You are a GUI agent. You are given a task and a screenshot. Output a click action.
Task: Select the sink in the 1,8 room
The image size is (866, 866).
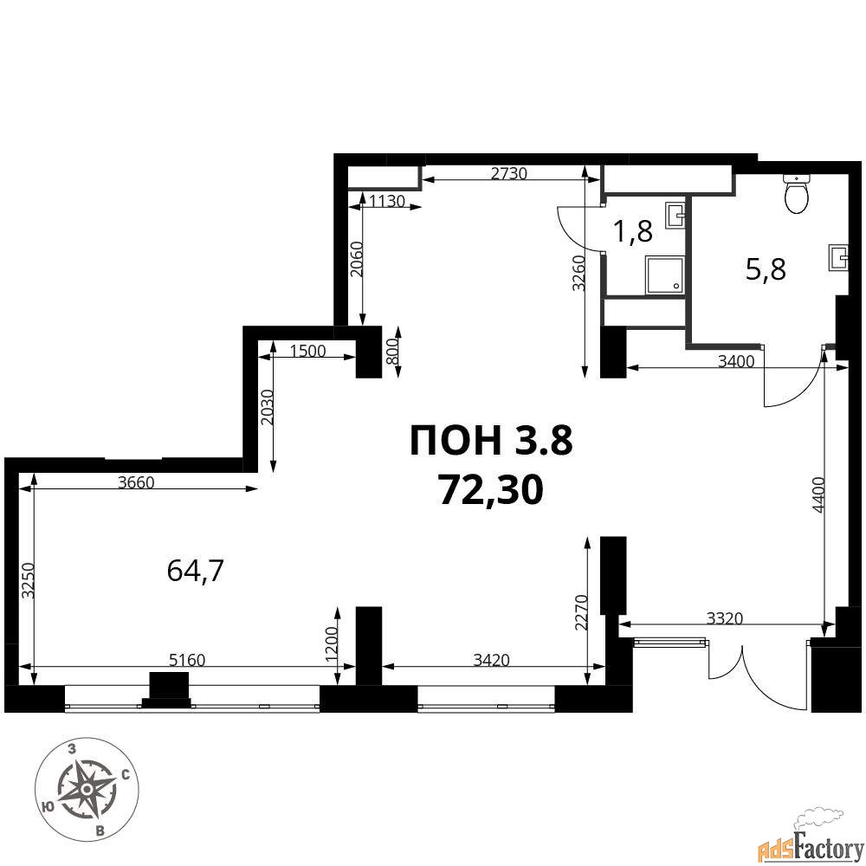675,215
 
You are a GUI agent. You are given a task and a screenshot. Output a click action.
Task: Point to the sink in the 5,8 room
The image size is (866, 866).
837,257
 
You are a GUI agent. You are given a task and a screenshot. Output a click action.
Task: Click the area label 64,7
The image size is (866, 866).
195,571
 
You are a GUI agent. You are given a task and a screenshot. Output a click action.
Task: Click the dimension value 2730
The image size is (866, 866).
508,173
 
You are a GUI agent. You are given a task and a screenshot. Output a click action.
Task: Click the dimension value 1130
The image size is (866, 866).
387,201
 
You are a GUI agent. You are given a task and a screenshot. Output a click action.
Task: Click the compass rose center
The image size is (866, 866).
87,791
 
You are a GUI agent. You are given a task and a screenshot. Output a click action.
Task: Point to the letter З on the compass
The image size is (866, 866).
71,749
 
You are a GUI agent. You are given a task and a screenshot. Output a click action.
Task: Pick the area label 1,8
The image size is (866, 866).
634,231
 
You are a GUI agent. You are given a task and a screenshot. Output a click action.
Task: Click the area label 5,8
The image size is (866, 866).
766,270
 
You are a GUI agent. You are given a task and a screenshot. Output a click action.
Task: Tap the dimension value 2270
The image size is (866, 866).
580,612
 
